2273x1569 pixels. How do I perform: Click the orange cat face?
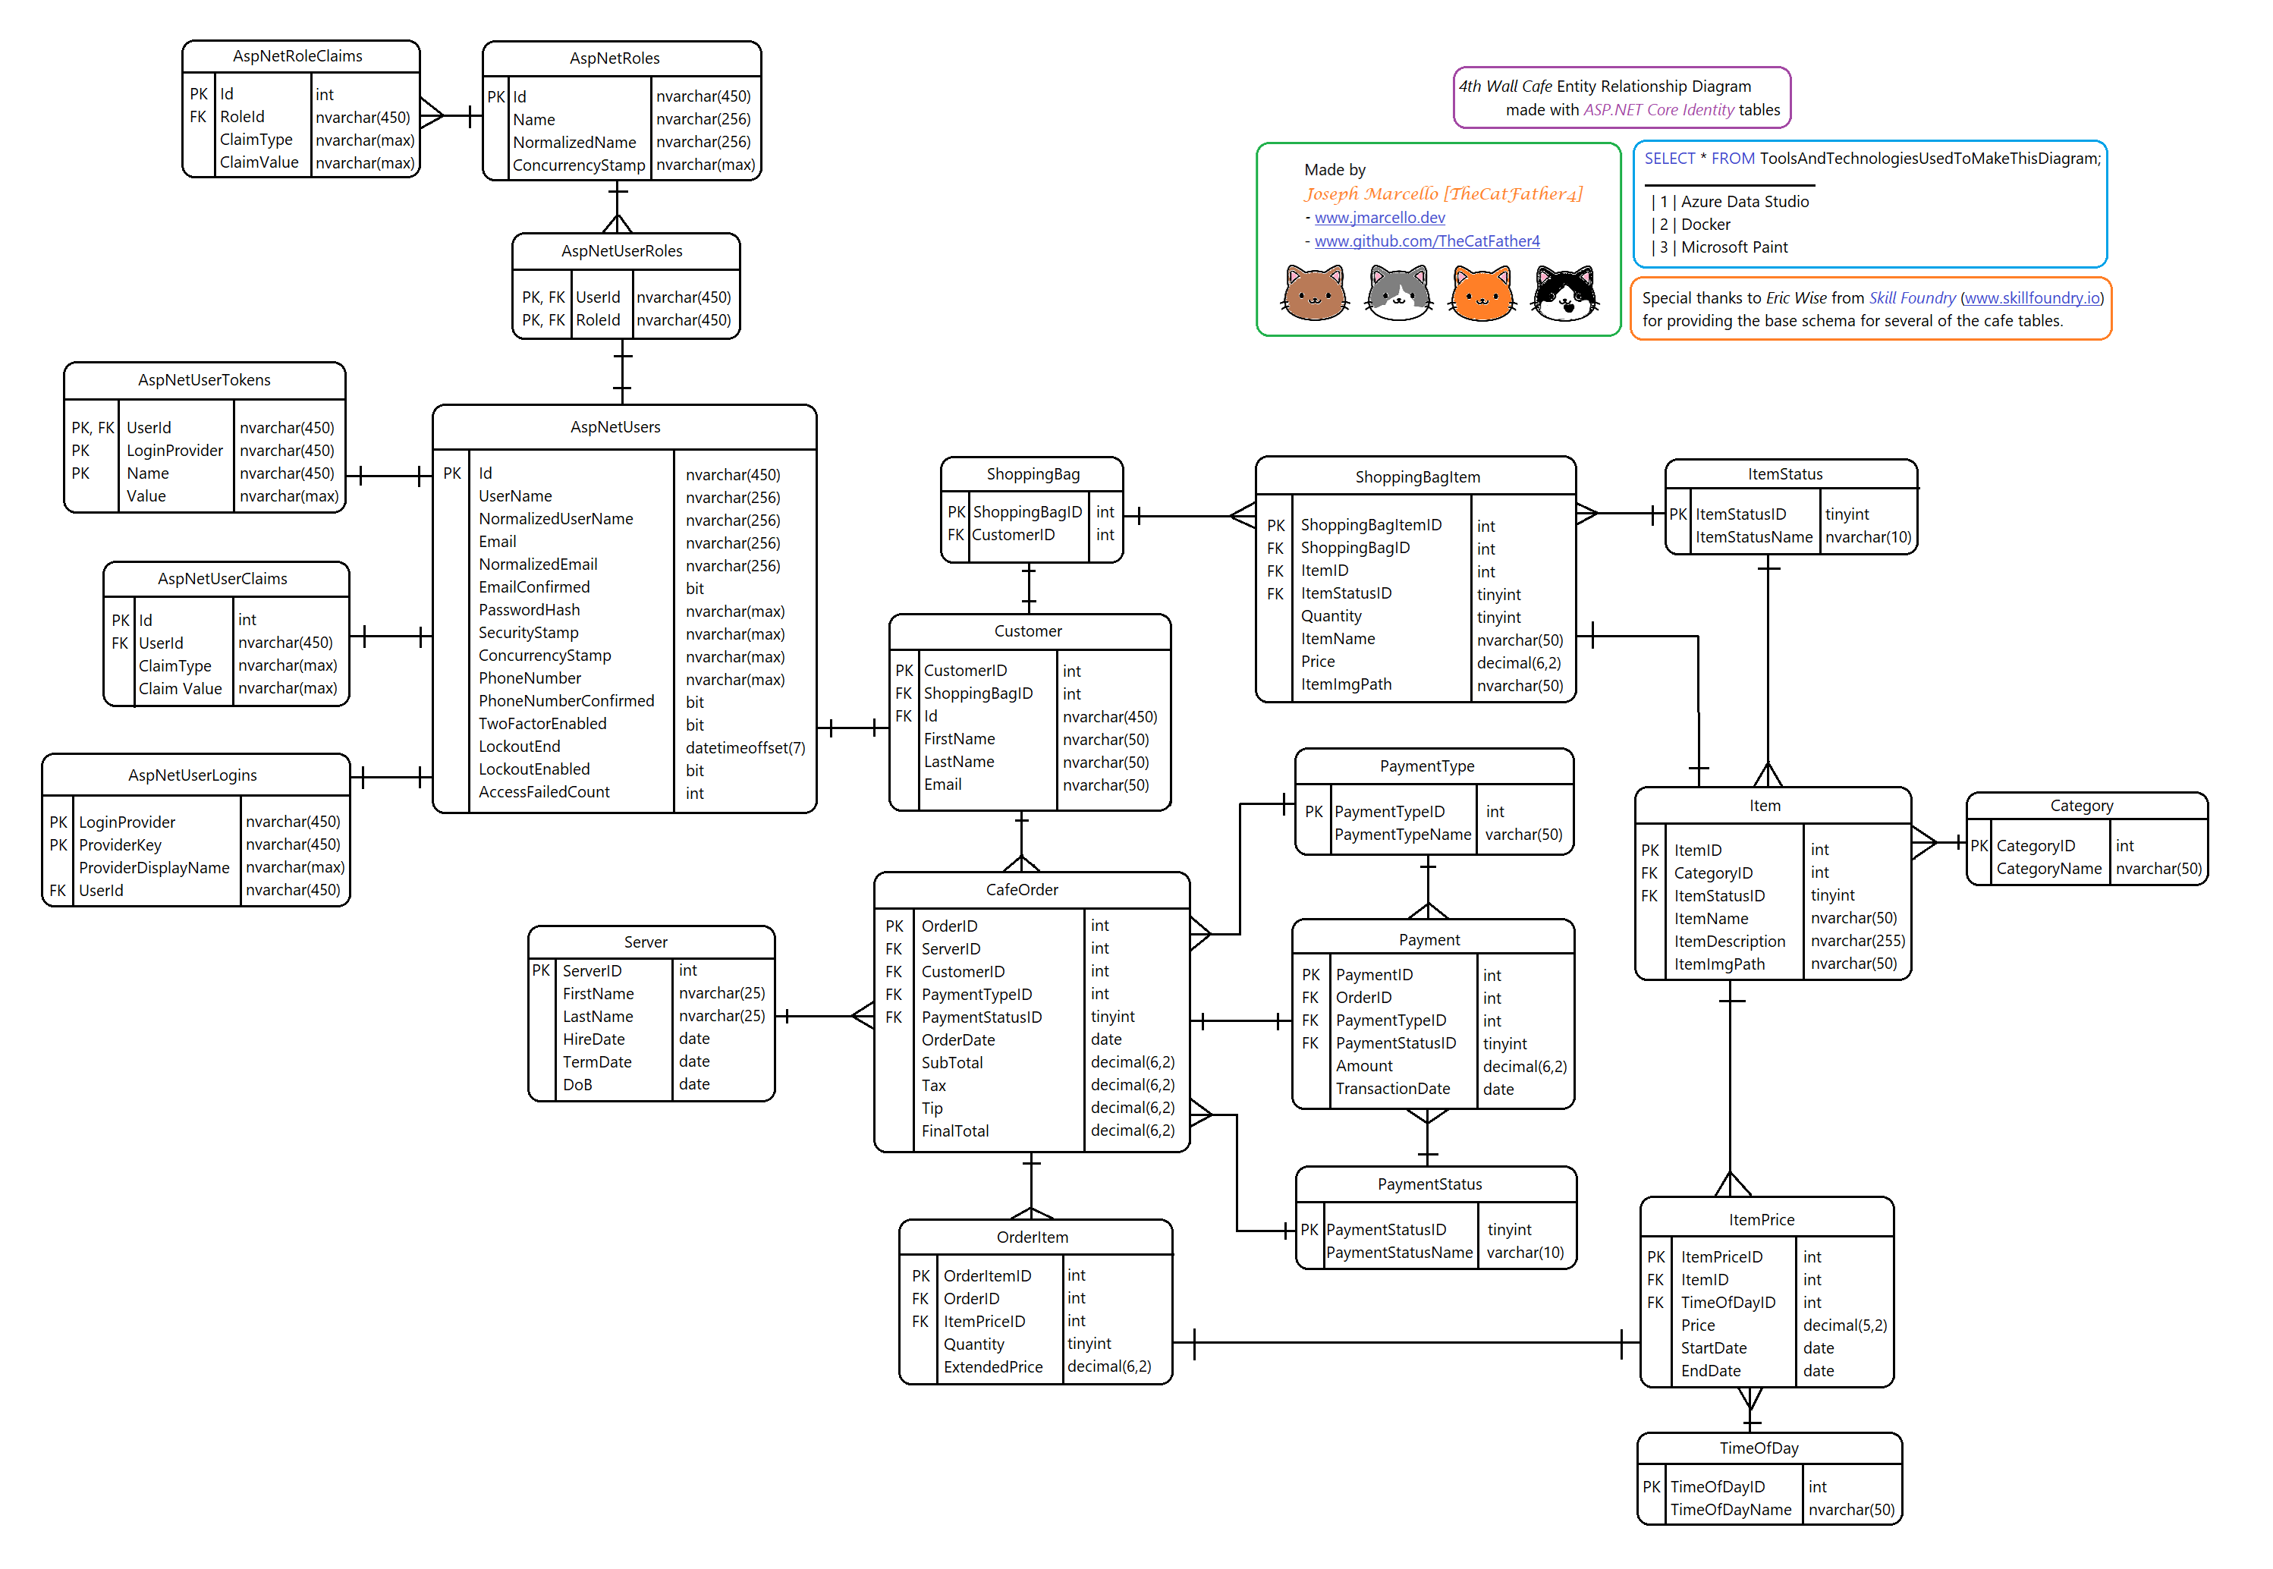pyautogui.click(x=1482, y=294)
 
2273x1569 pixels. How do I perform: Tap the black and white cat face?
pyautogui.click(x=1565, y=294)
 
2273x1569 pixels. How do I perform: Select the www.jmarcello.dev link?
pyautogui.click(x=1379, y=217)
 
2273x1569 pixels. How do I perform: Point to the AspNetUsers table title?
pyautogui.click(x=615, y=426)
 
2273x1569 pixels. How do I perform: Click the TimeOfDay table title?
pyautogui.click(x=1759, y=1448)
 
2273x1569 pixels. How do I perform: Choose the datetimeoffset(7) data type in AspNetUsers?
pyautogui.click(x=745, y=747)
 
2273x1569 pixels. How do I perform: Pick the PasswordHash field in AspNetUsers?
pyautogui.click(x=529, y=609)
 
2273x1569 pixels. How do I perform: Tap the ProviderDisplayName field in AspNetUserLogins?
pyautogui.click(x=154, y=867)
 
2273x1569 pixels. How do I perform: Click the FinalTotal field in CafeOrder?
pyautogui.click(x=954, y=1130)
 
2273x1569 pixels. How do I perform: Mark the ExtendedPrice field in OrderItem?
pyautogui.click(x=993, y=1366)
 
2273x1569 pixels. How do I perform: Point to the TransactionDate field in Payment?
pyautogui.click(x=1392, y=1088)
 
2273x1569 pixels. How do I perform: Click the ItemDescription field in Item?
pyautogui.click(x=1729, y=941)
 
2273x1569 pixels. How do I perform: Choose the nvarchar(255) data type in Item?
pyautogui.click(x=1857, y=941)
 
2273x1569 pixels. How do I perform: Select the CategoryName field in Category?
pyautogui.click(x=2049, y=868)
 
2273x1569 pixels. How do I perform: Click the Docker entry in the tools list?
pyautogui.click(x=1706, y=224)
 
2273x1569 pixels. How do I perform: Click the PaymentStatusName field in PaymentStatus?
pyautogui.click(x=1399, y=1253)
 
